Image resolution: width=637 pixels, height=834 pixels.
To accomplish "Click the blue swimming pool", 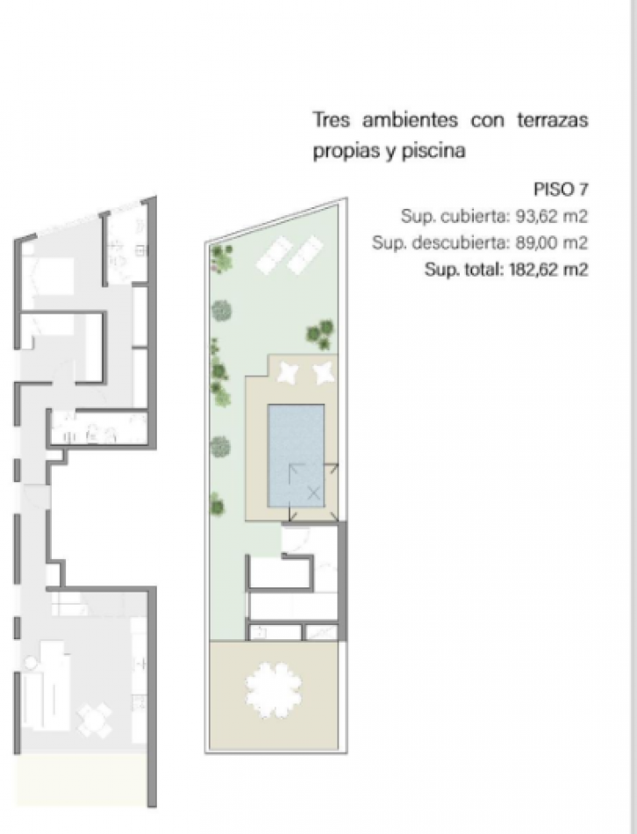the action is point(297,456).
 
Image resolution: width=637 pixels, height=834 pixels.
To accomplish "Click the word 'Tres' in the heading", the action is point(332,119).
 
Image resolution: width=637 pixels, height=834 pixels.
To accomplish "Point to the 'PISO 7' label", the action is point(561,190).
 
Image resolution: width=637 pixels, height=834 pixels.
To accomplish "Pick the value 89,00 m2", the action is point(552,243).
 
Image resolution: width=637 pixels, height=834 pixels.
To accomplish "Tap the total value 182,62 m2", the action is point(548,270).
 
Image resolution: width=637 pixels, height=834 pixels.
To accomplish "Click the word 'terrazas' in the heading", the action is point(553,119).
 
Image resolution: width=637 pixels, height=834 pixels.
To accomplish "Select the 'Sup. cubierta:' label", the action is point(455,217).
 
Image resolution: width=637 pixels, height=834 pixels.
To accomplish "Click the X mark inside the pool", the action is point(314,493).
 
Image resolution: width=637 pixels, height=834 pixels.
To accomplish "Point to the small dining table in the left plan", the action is point(95,718).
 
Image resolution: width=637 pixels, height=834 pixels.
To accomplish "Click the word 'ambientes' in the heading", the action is point(410,119).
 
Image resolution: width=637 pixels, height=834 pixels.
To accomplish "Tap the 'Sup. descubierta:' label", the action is point(441,243).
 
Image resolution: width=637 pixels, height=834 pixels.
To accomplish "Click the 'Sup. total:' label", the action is point(463,270).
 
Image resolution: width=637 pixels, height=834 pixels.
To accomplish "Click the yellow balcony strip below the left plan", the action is point(81,778).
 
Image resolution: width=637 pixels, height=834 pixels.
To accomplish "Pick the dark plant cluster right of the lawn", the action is point(320,334).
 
